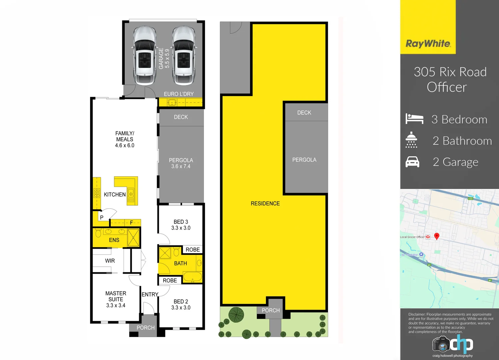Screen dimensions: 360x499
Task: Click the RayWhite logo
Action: pyautogui.click(x=428, y=44)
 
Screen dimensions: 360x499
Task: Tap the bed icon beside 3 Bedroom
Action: pyautogui.click(x=414, y=119)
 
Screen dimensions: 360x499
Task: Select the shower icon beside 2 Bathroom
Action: pyautogui.click(x=411, y=140)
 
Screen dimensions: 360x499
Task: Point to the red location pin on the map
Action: pyautogui.click(x=437, y=236)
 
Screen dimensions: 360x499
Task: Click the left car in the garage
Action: pyautogui.click(x=145, y=56)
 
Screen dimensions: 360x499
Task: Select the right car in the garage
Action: pyautogui.click(x=183, y=56)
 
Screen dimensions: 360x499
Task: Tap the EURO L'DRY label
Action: pyautogui.click(x=179, y=94)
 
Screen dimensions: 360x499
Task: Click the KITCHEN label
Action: pyautogui.click(x=115, y=194)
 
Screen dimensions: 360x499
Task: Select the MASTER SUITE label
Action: pyautogui.click(x=116, y=296)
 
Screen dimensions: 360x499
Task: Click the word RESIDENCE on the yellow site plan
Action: pyautogui.click(x=265, y=203)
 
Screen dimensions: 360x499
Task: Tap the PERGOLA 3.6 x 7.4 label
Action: pyautogui.click(x=181, y=163)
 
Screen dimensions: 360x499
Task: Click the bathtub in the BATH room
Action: pyautogui.click(x=192, y=277)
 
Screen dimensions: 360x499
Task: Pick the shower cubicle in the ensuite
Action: pyautogui.click(x=133, y=237)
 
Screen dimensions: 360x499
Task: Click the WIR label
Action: pyautogui.click(x=110, y=261)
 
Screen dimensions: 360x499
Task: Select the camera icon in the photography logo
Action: pyautogui.click(x=441, y=344)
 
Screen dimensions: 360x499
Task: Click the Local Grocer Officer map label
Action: pyautogui.click(x=412, y=237)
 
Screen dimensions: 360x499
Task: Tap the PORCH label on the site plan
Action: pyautogui.click(x=271, y=310)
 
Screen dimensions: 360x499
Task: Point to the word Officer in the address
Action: pyautogui.click(x=447, y=87)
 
